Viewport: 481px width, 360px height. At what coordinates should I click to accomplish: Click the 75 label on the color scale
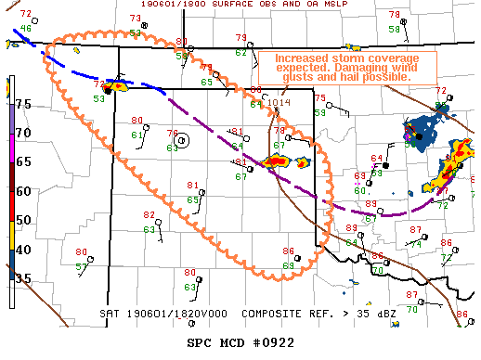pos(24,105)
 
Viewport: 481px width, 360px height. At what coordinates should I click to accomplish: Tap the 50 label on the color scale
pos(24,219)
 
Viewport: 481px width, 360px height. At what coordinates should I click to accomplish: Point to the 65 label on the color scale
pos(24,161)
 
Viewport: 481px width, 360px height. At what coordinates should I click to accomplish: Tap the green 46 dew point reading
pos(26,29)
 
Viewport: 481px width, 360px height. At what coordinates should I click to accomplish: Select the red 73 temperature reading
pos(135,19)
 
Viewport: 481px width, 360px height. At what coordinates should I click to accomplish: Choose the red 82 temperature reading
pos(149,215)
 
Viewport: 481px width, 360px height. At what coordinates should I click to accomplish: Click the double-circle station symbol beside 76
pos(182,140)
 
